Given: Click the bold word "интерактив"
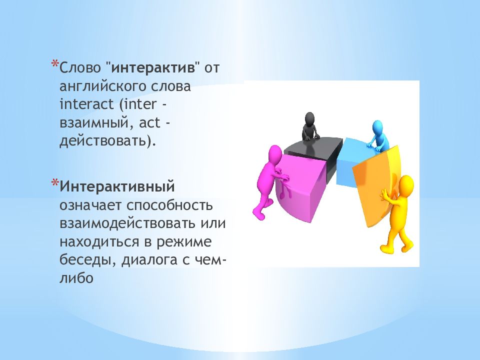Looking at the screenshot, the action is (x=153, y=67).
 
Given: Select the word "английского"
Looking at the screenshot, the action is (x=102, y=86).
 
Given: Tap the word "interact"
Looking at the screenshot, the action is (x=86, y=104).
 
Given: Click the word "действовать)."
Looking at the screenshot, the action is (x=107, y=141).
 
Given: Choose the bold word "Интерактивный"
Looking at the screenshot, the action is (x=117, y=186).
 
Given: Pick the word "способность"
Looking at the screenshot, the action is (x=169, y=205).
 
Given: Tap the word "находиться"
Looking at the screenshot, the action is (x=99, y=242).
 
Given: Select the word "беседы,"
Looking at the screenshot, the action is (x=88, y=260).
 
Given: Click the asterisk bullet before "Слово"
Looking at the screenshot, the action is (x=55, y=64).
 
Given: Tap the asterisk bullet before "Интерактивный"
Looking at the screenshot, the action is (x=55, y=183).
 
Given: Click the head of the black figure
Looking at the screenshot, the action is (x=310, y=119).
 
